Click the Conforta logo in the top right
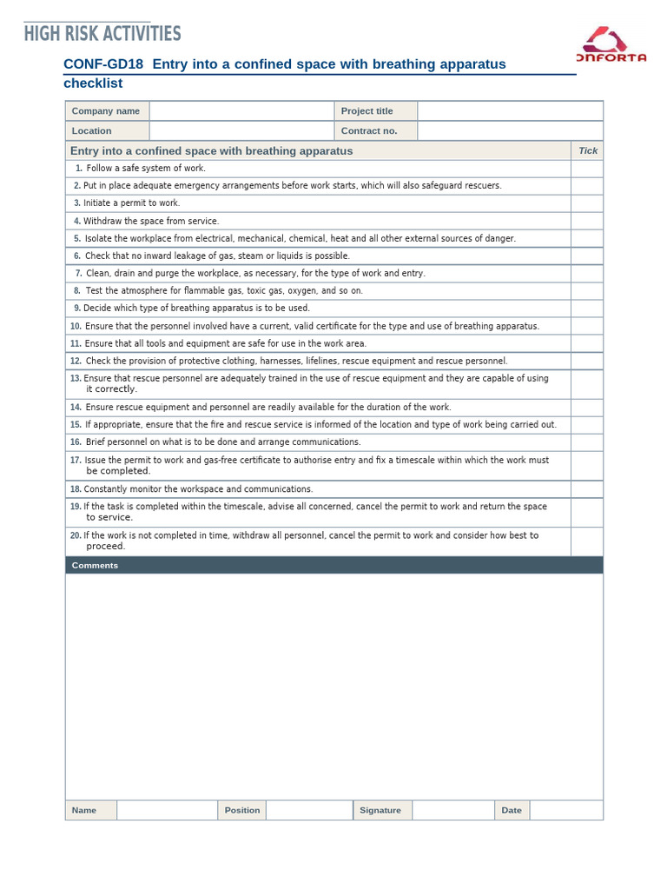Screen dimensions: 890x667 pos(611,46)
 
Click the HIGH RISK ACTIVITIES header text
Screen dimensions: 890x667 pos(102,34)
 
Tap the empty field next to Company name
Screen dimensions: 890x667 pos(241,111)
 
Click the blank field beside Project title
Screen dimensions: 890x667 pos(510,111)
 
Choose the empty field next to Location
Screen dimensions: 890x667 pos(241,130)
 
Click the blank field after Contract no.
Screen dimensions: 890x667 pos(510,130)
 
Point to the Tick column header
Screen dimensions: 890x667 pos(588,150)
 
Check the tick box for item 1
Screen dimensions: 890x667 pos(586,169)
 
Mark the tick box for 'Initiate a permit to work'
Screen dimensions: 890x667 pos(586,203)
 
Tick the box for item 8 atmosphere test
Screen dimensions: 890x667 pos(586,291)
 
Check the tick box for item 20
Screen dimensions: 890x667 pos(586,541)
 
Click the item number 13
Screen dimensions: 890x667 pos(76,379)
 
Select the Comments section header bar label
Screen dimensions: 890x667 pos(95,566)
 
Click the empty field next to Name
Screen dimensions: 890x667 pos(167,810)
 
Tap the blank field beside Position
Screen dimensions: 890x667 pos(308,810)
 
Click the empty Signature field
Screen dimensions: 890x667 pos(452,810)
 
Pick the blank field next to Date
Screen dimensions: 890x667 pos(565,810)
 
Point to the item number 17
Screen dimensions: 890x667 pos(76,460)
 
